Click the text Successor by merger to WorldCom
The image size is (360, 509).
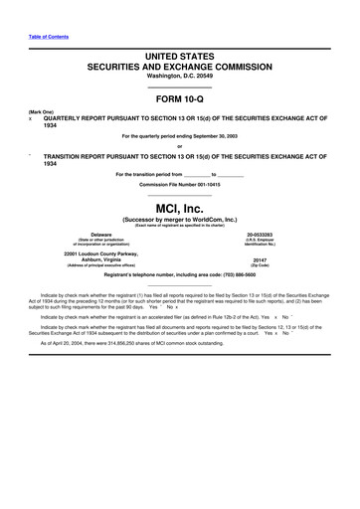pyautogui.click(x=179, y=222)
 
